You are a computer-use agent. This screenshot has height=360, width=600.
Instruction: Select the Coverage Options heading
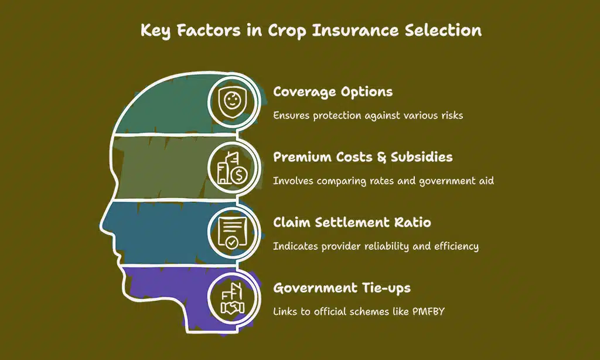(x=333, y=93)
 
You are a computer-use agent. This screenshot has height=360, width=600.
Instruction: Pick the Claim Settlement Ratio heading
(x=352, y=223)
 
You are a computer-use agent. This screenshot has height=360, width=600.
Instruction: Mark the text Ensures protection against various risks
(x=368, y=116)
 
